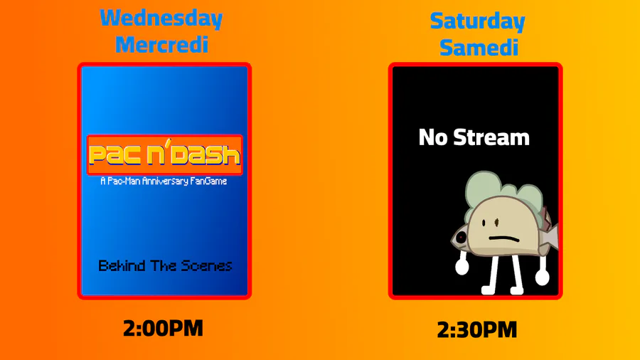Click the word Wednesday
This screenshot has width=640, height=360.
click(x=161, y=18)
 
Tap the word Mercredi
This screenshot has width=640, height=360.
click(x=162, y=45)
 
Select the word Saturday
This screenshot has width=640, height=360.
click(x=478, y=21)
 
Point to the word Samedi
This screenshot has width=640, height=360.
click(x=479, y=48)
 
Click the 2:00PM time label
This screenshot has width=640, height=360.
click(x=163, y=329)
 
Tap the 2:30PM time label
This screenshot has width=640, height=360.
click(x=476, y=330)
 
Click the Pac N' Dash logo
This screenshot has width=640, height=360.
click(x=165, y=154)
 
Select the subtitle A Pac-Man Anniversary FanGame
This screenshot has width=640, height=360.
click(x=164, y=181)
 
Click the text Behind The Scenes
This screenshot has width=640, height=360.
click(x=165, y=265)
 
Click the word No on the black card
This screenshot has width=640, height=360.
click(x=433, y=137)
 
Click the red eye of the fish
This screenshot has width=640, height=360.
click(x=461, y=237)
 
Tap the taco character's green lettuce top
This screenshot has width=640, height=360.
click(x=503, y=192)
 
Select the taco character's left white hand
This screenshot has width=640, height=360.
click(x=462, y=267)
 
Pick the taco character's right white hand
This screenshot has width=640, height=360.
click(x=542, y=277)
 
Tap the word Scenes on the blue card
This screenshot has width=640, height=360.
click(x=206, y=265)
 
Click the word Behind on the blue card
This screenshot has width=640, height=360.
click(x=122, y=265)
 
